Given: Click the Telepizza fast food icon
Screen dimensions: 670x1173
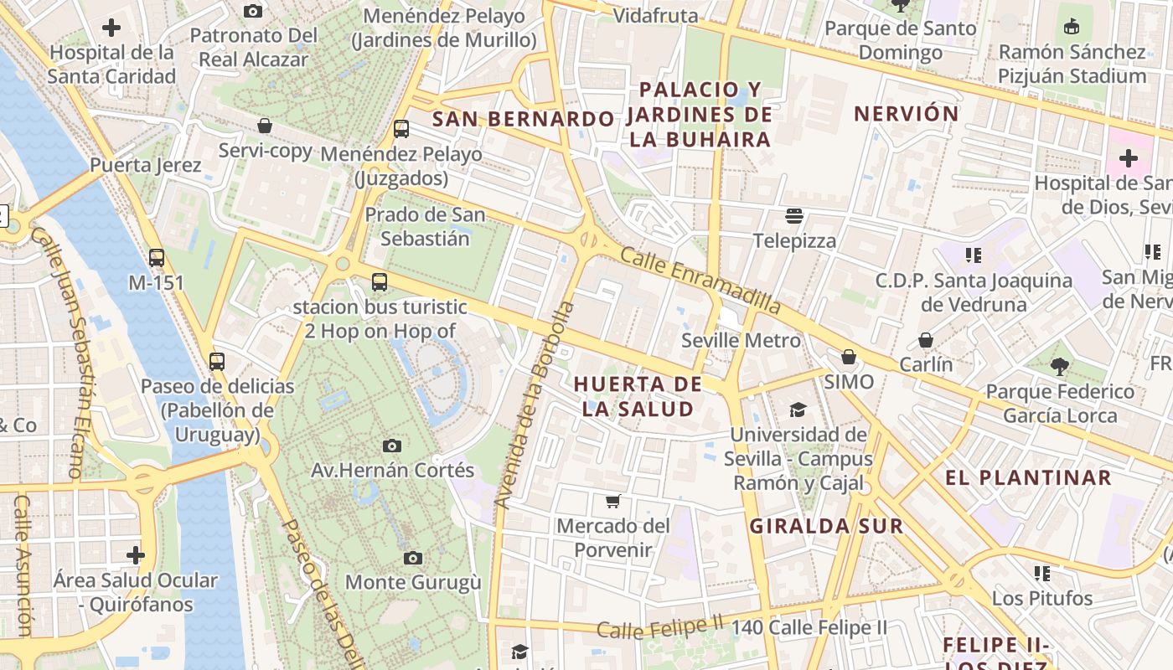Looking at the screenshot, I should [794, 217].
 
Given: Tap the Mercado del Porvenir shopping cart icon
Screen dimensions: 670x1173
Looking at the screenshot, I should [613, 502].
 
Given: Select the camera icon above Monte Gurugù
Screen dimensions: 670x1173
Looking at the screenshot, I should [413, 558].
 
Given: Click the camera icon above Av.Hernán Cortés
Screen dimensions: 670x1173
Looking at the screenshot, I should [391, 446].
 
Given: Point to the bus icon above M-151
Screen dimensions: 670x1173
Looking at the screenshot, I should [157, 258].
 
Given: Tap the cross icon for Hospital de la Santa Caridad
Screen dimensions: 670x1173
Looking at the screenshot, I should [111, 28].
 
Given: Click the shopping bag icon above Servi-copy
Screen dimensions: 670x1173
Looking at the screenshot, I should [265, 126].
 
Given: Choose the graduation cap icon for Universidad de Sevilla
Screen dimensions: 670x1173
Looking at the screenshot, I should [798, 410].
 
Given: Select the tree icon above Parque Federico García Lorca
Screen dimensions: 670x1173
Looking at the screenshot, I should [1059, 367].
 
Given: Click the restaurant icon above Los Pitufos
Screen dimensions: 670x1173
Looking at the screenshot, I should [1042, 574].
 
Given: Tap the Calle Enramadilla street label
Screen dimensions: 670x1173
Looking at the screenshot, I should [700, 281].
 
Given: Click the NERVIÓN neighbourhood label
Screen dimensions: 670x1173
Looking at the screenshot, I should [906, 114].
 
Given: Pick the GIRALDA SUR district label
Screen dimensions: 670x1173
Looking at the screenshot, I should [826, 526].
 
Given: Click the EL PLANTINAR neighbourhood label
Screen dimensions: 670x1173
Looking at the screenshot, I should [1028, 478].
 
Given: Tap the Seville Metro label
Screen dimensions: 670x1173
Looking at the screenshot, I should [741, 341].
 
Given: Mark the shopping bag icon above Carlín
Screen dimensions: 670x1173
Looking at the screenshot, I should [926, 340].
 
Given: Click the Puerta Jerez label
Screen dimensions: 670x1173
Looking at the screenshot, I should [146, 165].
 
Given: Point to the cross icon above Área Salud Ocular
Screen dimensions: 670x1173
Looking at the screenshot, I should [136, 555].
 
